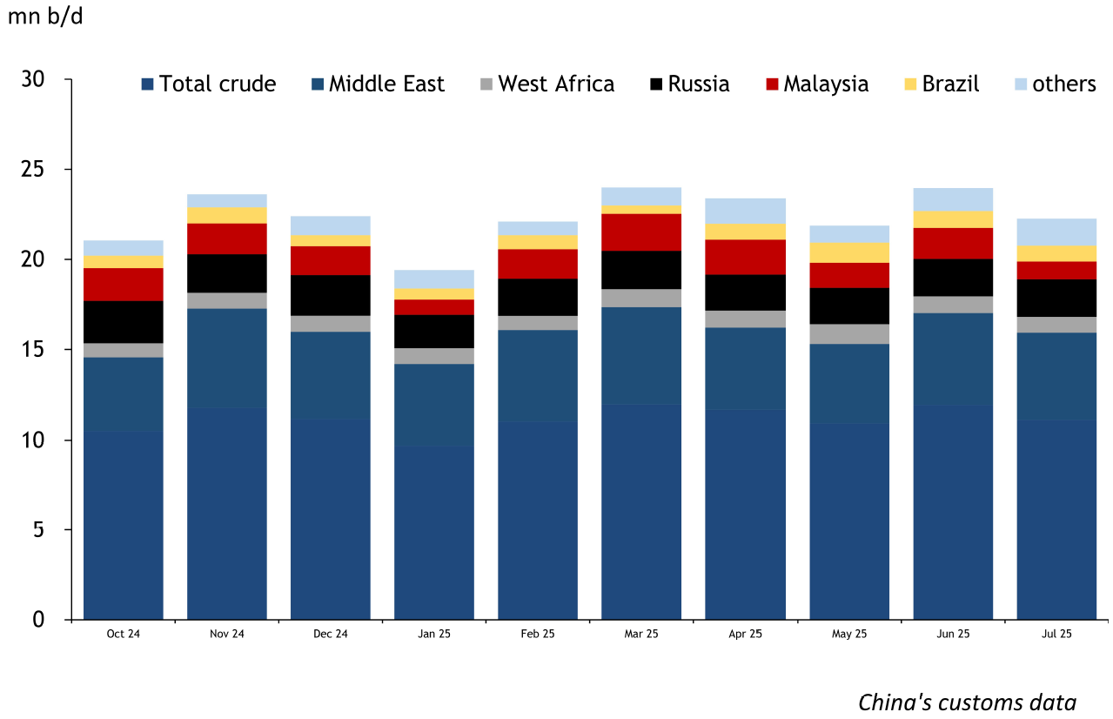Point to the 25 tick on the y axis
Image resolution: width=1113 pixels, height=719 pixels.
tap(34, 169)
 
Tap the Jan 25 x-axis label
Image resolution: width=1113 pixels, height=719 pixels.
tap(434, 635)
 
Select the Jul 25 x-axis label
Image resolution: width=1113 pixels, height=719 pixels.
tap(1056, 635)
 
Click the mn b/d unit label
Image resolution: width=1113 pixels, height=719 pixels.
tap(45, 17)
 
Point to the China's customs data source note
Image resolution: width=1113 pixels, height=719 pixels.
tap(968, 702)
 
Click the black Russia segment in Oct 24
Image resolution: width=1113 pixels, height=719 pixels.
tap(124, 322)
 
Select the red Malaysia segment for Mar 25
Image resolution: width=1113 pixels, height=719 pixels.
tap(641, 232)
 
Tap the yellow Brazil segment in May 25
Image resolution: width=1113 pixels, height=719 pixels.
tap(849, 252)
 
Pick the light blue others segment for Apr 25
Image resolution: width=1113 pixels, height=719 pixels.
tap(746, 211)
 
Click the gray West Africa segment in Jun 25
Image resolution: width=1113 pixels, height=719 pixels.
tap(953, 305)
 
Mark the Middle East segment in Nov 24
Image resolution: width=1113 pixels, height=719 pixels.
tap(227, 358)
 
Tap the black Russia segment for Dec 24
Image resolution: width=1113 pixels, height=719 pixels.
tap(331, 295)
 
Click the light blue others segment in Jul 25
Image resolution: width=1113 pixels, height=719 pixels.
tap(1056, 232)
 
